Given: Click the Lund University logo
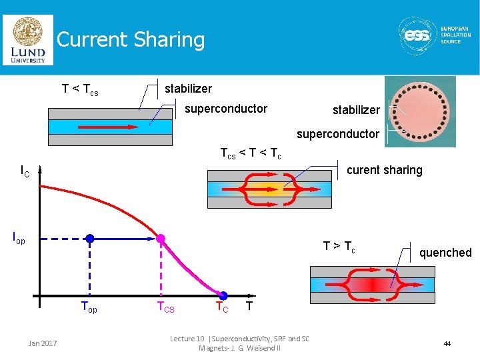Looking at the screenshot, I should coord(28,40).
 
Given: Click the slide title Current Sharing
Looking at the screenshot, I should coord(131,40).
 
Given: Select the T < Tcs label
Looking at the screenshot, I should coord(80,89).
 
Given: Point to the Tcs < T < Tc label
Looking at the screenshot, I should coord(251,154).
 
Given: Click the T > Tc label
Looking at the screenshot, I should coord(339,247).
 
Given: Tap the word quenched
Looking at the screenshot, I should coord(445,253).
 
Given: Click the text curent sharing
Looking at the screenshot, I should coord(385,170).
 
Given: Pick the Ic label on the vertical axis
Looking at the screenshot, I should coord(25,173).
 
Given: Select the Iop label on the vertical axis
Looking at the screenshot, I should coord(20,237).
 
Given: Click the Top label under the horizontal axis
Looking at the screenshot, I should coord(89,308).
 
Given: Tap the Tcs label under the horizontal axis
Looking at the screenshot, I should coord(165,308).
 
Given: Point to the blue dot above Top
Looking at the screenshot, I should coord(90,238).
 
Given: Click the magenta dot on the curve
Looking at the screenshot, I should coord(161,238).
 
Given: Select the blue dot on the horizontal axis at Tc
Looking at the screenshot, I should coord(224,295).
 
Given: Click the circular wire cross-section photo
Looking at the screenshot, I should coord(420,111).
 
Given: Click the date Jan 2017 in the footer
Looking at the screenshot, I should coord(43,343).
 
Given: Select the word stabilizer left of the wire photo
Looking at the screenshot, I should coord(357,110).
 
